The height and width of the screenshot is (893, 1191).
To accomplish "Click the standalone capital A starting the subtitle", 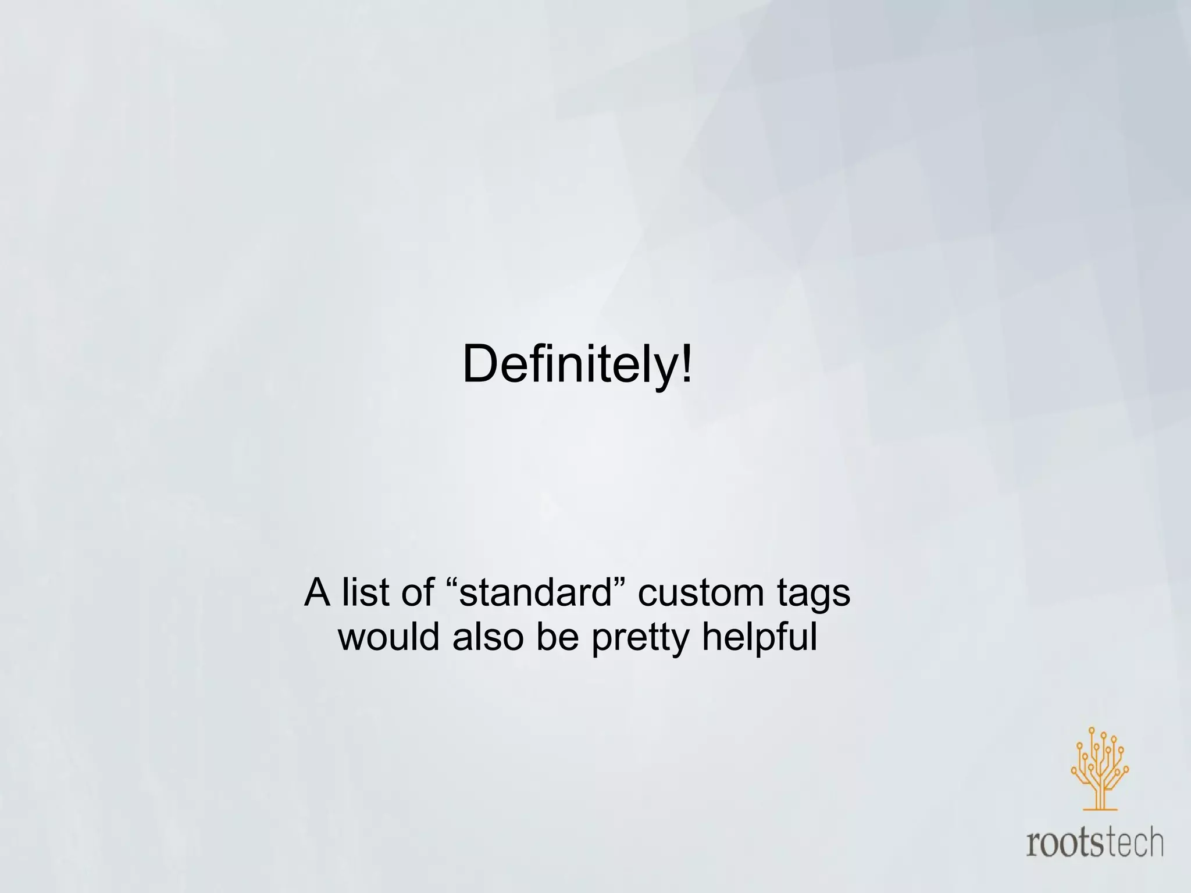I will (318, 592).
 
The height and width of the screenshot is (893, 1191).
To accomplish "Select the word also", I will (488, 637).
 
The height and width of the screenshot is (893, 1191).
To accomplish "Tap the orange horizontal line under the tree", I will (1100, 809).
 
